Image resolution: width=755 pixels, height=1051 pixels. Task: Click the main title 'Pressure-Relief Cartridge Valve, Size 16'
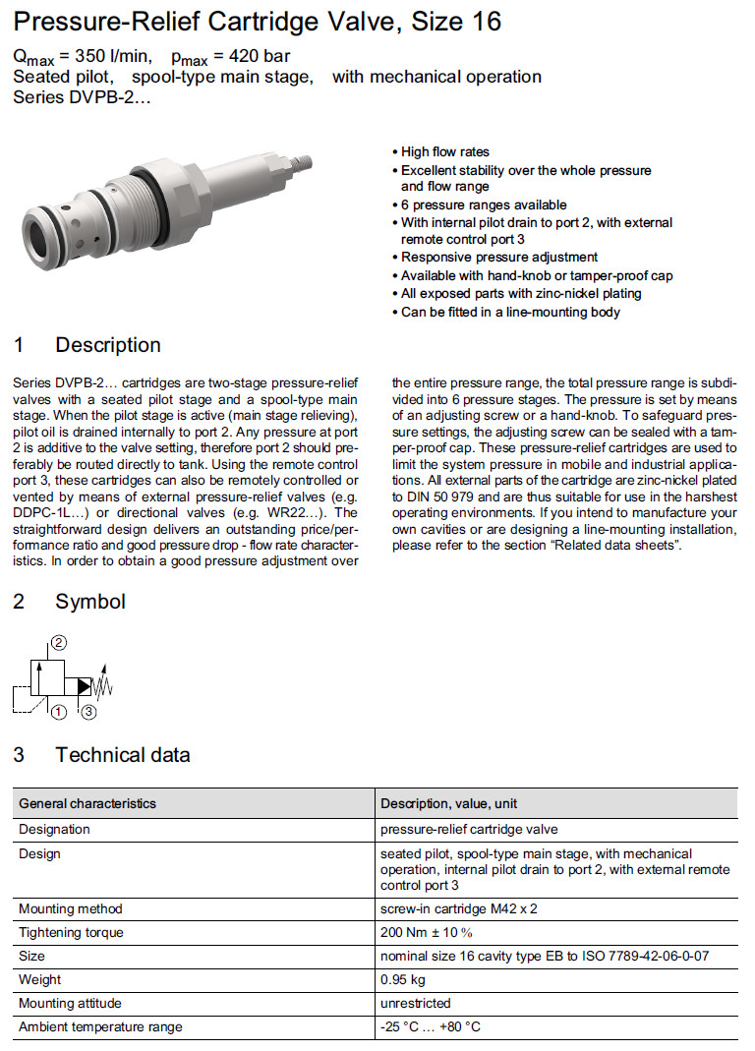click(x=257, y=21)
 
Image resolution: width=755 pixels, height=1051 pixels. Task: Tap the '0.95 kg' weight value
click(x=403, y=979)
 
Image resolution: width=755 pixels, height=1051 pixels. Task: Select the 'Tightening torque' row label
click(x=72, y=932)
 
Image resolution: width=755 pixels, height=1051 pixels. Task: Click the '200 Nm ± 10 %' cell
click(x=427, y=932)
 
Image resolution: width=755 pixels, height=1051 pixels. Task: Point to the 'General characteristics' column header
click(x=87, y=803)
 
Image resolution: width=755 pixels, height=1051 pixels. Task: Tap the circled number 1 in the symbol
click(x=59, y=711)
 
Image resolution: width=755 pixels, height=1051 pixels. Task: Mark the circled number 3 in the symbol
click(x=88, y=711)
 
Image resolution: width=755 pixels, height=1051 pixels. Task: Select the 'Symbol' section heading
click(x=90, y=601)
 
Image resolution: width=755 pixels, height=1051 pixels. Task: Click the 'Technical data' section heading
click(x=123, y=755)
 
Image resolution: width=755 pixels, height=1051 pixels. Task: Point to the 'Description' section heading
click(x=108, y=345)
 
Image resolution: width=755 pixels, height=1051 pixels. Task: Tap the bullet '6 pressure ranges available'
click(x=484, y=204)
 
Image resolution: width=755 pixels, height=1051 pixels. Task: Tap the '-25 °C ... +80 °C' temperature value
click(x=431, y=1027)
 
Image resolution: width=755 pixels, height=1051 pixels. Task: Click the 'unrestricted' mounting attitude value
click(x=416, y=1003)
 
